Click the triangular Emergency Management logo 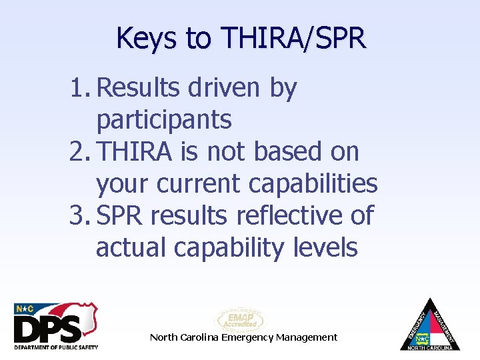(x=430, y=325)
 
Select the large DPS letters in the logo (x=48, y=327)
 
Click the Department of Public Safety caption (x=56, y=347)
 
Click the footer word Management (x=307, y=337)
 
